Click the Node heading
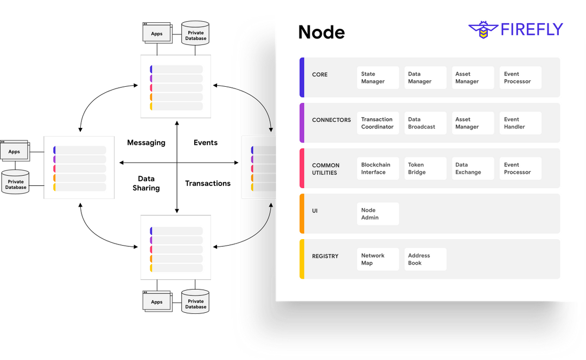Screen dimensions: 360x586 pos(321,33)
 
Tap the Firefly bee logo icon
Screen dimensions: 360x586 pos(482,30)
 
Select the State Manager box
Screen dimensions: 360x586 pos(378,78)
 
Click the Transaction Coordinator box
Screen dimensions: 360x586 pos(378,123)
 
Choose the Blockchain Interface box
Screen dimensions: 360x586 pos(378,169)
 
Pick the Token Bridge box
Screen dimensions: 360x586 pos(425,169)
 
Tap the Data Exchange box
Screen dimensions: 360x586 pos(472,169)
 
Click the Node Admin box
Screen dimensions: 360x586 pos(378,214)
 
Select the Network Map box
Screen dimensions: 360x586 pos(378,259)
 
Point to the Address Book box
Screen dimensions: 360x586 pos(425,259)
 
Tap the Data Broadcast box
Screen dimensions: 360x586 pos(425,123)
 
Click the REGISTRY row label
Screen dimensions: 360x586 pos(325,256)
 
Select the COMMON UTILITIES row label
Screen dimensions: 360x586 pos(326,169)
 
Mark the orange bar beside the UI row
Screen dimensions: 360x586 pos(302,214)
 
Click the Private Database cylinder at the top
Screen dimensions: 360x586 pos(195,33)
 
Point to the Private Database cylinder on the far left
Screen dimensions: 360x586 pos(16,183)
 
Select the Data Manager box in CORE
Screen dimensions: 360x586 pos(425,78)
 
